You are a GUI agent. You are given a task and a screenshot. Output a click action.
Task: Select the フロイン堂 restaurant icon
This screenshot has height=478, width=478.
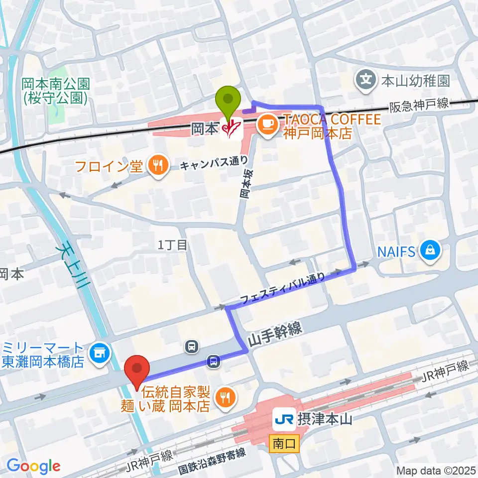click(x=158, y=166)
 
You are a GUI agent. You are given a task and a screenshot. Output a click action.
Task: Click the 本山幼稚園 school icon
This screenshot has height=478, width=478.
click(x=366, y=79)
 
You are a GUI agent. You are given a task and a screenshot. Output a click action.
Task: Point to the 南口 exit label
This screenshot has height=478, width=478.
click(x=284, y=442)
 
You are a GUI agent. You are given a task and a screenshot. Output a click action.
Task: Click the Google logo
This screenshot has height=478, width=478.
click(x=33, y=466)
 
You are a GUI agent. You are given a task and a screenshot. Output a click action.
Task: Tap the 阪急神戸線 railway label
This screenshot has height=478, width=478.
click(x=418, y=104)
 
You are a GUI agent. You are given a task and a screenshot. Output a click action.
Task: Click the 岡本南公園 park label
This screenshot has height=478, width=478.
click(x=55, y=85)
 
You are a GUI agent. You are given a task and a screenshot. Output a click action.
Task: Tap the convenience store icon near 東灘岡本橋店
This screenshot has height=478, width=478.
click(x=101, y=354)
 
